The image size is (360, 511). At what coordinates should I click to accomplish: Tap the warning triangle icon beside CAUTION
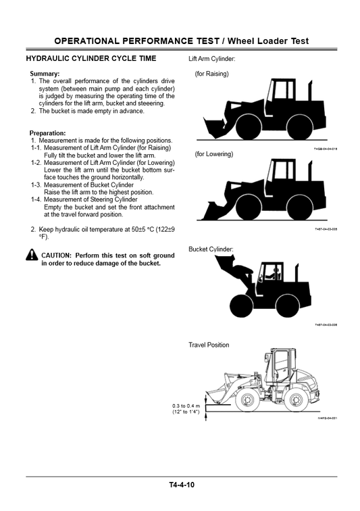tap(32, 255)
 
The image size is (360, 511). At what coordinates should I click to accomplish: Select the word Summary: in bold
tap(45, 73)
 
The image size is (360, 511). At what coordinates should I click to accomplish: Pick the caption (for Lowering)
tap(213, 154)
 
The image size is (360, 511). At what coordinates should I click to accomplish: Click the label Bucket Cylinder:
tap(211, 249)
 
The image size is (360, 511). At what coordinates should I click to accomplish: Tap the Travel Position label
tap(209, 345)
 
